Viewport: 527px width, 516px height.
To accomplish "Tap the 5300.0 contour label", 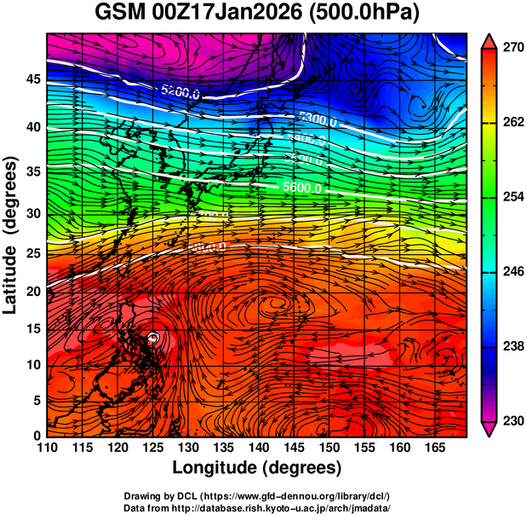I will click(318, 121).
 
